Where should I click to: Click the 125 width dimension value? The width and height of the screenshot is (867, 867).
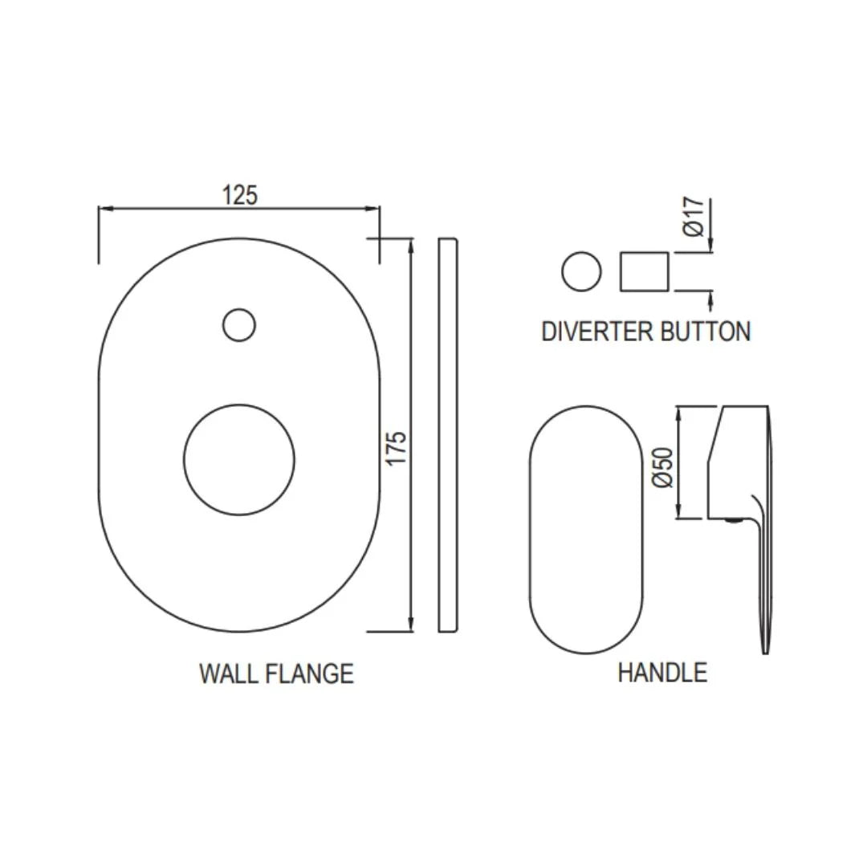240,194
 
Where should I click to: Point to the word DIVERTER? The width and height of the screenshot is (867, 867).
595,332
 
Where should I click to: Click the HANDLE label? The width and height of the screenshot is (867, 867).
662,672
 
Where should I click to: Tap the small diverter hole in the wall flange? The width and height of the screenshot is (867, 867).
238,325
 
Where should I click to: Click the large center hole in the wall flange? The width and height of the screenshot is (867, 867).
238,460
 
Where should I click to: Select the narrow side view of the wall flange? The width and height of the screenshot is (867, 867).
449,434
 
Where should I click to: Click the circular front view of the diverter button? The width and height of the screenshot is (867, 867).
581,271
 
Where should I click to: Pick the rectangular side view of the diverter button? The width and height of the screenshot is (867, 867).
644,271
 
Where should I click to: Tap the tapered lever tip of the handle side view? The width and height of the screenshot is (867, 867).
765,634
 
